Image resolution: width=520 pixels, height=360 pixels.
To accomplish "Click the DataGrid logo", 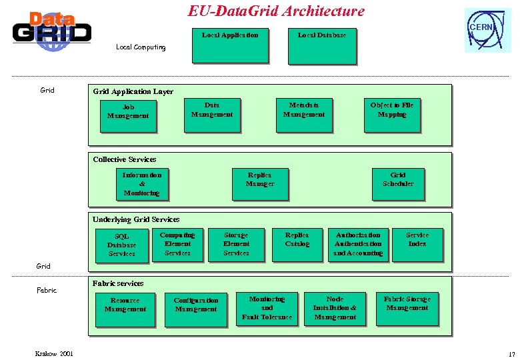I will [51, 31].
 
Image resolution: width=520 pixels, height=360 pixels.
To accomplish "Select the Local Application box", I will [230, 45].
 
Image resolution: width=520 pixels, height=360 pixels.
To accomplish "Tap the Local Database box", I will [322, 45].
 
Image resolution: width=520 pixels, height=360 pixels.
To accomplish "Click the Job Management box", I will [127, 116].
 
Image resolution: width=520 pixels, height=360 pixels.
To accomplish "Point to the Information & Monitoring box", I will [142, 184].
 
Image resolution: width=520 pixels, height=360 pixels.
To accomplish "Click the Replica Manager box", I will [260, 184].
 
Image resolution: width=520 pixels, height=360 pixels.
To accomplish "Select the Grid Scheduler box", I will [398, 184].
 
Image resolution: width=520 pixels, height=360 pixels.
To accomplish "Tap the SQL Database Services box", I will [122, 245].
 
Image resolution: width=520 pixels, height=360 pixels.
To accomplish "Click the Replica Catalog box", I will [297, 244].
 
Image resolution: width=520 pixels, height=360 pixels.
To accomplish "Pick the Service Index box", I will [417, 244].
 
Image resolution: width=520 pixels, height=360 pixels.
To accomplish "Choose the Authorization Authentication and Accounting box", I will [359, 244].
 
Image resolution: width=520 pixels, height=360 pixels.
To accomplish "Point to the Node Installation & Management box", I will [335, 309].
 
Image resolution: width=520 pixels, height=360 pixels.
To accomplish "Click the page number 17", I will [512, 354].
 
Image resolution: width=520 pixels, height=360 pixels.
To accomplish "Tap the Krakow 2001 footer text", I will [55, 353].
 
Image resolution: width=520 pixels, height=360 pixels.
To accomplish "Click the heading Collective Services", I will [125, 159].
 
